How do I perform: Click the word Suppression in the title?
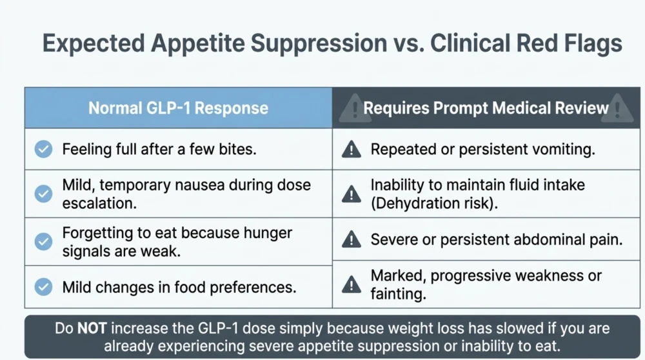[x=319, y=44]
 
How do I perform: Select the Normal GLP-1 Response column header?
[x=178, y=108]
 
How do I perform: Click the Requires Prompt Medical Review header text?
[x=486, y=108]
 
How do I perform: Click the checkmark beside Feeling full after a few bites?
[x=43, y=149]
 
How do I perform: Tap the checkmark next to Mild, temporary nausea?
[x=43, y=194]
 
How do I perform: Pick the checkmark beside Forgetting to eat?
[x=43, y=241]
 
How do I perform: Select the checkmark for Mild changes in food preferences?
[x=43, y=286]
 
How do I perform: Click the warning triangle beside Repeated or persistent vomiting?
[x=352, y=149]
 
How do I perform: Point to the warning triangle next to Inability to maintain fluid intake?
[x=352, y=194]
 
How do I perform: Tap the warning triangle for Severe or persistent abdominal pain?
[x=352, y=239]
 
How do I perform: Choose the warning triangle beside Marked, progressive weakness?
[x=352, y=285]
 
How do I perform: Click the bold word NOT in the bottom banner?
[x=92, y=328]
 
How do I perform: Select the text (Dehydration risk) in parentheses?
[x=434, y=203]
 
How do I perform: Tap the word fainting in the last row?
[x=398, y=294]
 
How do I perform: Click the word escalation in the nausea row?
[x=99, y=203]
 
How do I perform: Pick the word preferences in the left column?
[x=253, y=287]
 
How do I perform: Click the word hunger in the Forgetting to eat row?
[x=268, y=233]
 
